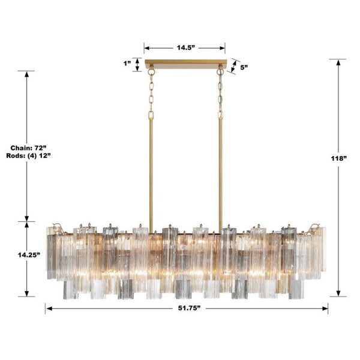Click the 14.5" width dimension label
(x=185, y=46)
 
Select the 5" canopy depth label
(x=244, y=68)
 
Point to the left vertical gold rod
(x=151, y=174)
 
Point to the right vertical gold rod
(x=220, y=174)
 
